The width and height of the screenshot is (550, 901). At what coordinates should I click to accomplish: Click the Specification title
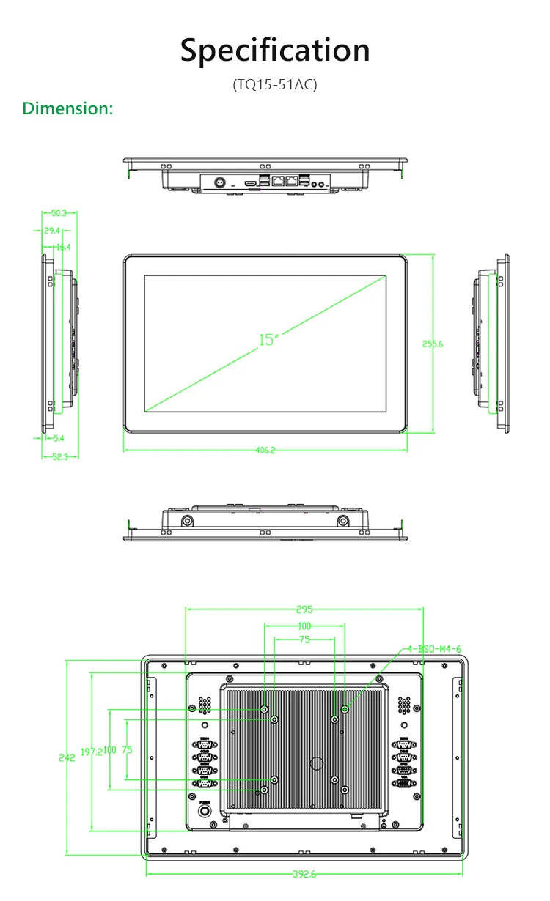(275, 51)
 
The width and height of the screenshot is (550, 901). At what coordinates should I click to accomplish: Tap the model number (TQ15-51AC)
(275, 84)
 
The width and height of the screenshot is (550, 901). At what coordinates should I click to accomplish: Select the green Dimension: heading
(67, 108)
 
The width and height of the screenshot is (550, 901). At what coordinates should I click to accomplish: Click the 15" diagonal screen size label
(268, 339)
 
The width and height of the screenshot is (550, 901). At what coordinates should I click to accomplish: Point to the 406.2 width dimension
(265, 450)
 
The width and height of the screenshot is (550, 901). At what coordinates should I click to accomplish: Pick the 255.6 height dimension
(433, 344)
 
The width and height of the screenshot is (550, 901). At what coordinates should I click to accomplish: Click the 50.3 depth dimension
(59, 213)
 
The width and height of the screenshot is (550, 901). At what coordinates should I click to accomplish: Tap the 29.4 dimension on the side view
(51, 231)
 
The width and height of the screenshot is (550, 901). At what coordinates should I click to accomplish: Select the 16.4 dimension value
(63, 247)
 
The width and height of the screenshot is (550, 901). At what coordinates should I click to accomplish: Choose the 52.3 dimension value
(60, 456)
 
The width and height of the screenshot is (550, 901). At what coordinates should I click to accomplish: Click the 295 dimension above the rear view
(304, 609)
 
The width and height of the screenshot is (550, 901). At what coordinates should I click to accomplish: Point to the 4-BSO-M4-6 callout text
(435, 649)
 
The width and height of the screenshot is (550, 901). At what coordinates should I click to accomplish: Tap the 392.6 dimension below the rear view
(304, 874)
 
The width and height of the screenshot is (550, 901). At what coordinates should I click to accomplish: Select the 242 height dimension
(67, 758)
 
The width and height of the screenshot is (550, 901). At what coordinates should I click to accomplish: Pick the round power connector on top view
(218, 181)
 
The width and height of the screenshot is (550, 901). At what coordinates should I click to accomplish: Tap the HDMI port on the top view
(252, 180)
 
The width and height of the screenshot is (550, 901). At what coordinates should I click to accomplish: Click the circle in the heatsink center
(317, 763)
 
